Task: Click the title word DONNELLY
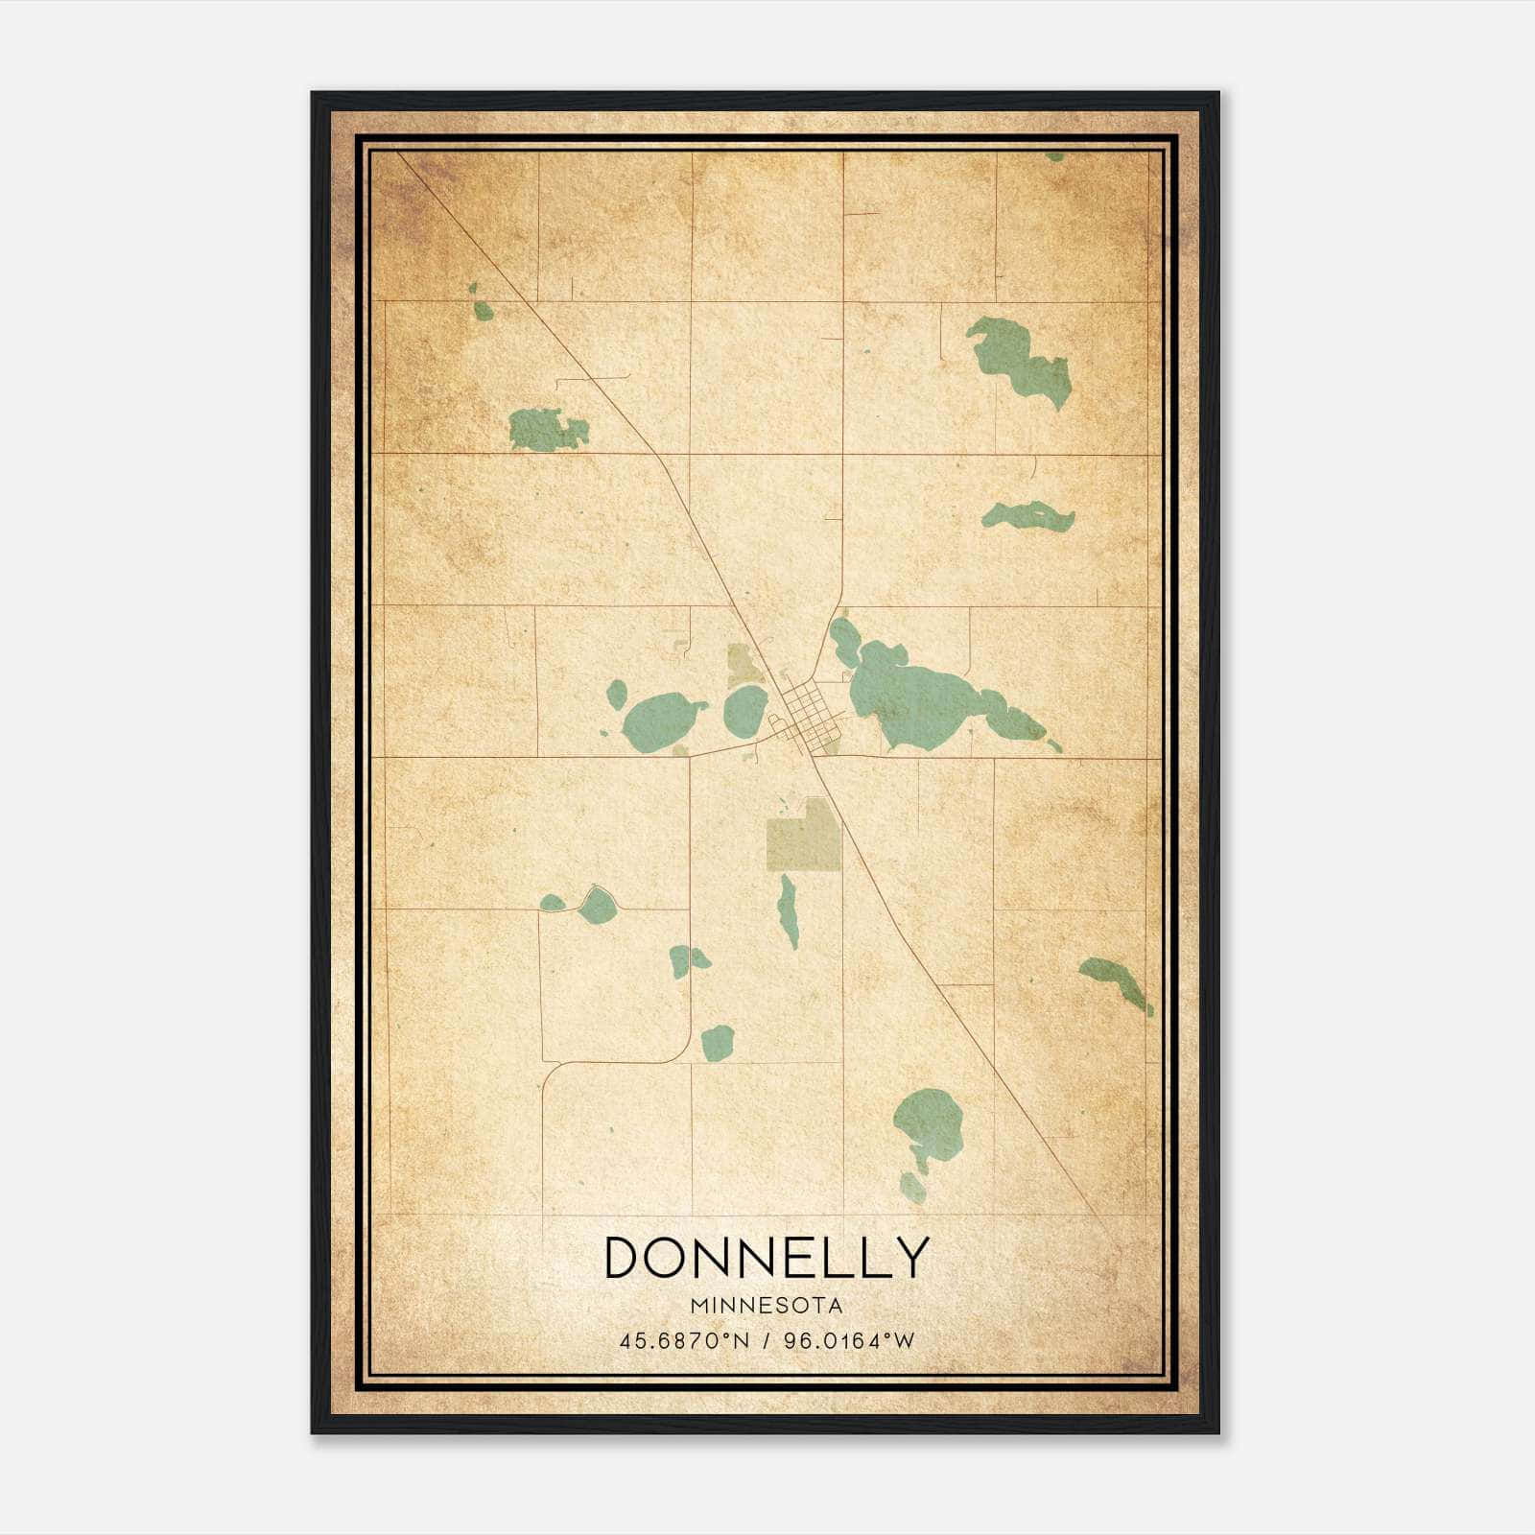767,1257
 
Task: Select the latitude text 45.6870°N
682,1340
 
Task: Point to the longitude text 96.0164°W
849,1340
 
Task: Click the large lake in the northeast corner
1019,360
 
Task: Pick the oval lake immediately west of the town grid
745,711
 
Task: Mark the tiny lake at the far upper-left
483,309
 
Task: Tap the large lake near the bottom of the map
928,1124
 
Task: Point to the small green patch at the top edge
1054,155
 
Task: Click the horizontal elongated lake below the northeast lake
1028,517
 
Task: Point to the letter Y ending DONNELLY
910,1257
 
